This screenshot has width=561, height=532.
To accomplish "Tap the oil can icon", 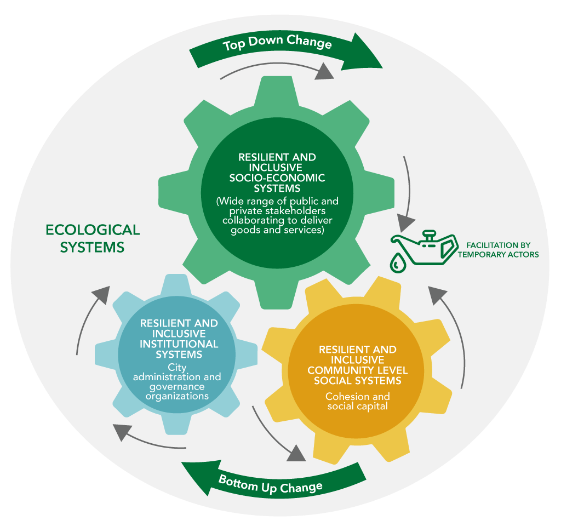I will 425,249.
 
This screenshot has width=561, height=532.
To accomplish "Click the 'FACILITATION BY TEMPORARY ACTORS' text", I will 498,249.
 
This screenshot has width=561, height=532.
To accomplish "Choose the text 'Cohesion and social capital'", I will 358,401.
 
